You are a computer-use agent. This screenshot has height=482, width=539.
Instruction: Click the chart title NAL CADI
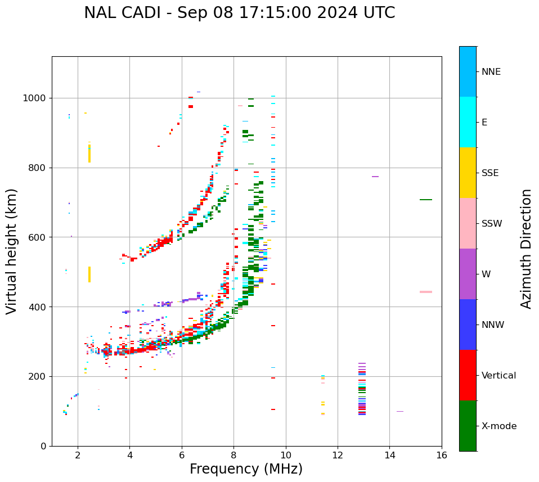coord(239,13)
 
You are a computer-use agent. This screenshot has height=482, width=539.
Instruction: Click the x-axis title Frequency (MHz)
coord(246,469)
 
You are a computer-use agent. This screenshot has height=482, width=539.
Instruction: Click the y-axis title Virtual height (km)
coord(12,251)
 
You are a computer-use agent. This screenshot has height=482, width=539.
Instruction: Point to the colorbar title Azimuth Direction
coord(526,249)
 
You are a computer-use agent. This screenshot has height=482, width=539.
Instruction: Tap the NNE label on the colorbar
coord(491,72)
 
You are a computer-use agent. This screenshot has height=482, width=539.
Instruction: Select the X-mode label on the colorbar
coord(498,426)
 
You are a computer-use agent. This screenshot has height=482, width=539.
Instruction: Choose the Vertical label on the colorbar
coord(498,376)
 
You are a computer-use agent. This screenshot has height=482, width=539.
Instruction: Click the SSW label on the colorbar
coord(492,224)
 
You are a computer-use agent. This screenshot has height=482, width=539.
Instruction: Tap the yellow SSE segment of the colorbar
coord(468,172)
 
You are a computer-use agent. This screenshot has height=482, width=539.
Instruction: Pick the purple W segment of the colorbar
coord(468,274)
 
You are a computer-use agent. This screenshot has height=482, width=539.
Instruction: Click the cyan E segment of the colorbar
coord(468,122)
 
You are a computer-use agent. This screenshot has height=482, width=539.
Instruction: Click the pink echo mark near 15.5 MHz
coord(426,292)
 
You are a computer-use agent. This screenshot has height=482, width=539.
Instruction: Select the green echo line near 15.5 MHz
coord(426,200)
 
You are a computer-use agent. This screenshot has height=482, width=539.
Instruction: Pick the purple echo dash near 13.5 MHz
coord(375,177)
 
